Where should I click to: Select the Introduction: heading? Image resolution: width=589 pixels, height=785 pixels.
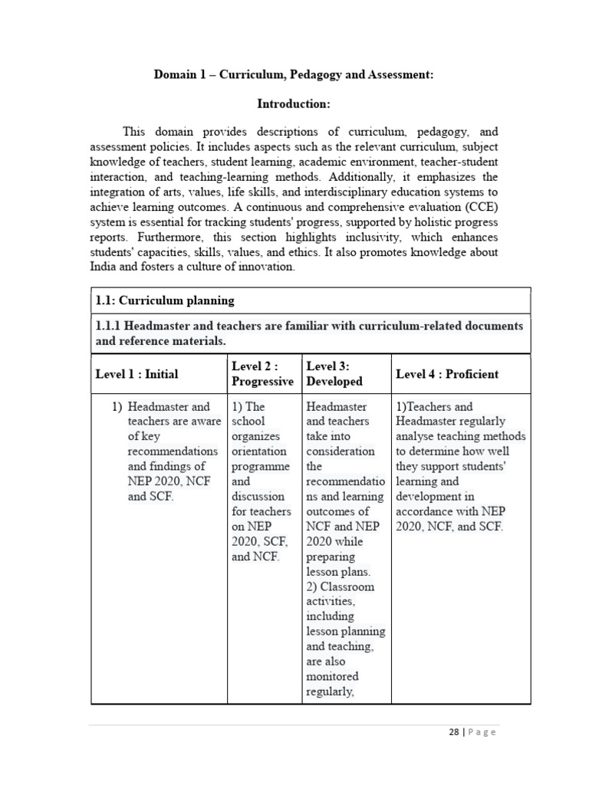click(294, 103)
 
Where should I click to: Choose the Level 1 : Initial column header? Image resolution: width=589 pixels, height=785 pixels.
click(137, 374)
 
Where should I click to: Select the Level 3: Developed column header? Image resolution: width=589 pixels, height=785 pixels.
click(334, 374)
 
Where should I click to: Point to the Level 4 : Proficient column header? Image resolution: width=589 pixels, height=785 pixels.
click(446, 374)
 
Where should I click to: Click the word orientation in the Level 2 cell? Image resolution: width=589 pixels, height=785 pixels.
click(258, 452)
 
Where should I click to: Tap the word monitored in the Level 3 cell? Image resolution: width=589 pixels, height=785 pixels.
click(333, 676)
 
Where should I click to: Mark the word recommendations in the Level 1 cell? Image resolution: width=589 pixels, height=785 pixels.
click(173, 452)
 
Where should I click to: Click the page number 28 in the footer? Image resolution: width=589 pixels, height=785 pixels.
click(452, 732)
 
